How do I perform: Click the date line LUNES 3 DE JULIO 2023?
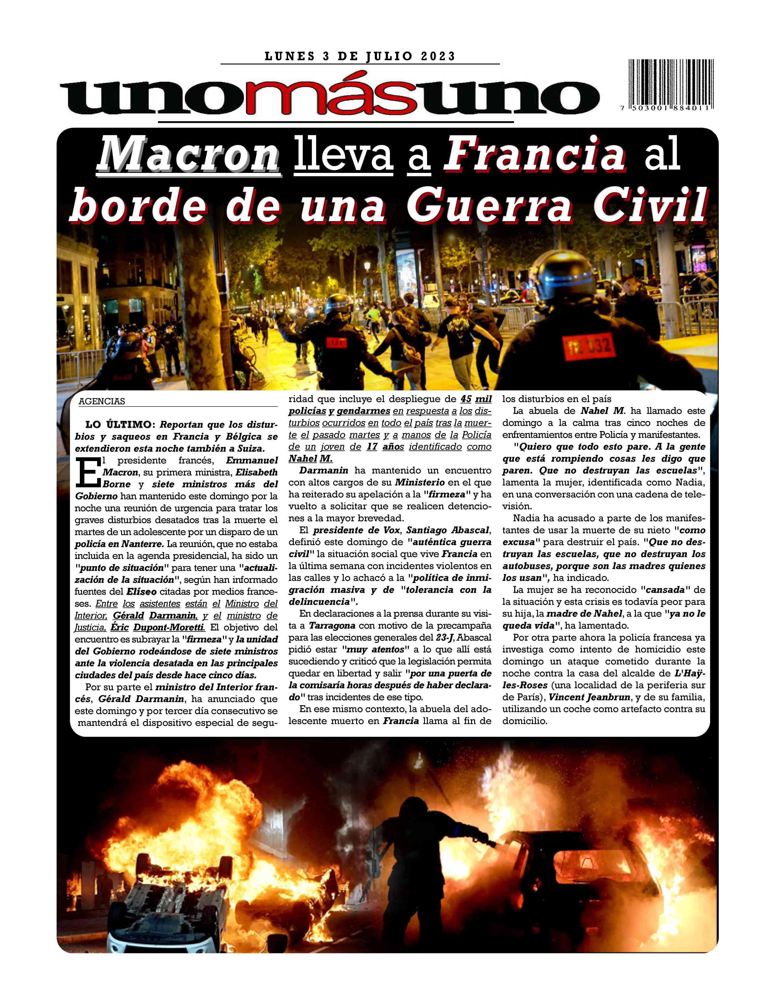(x=360, y=56)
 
